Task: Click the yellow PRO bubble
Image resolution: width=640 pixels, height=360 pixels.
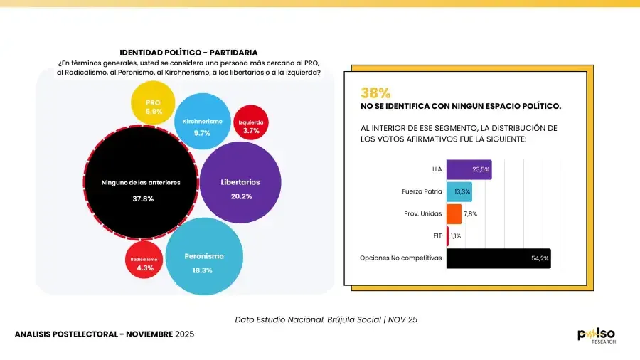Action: pos(154,107)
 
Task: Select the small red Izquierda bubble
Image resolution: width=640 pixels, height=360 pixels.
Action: pos(251,126)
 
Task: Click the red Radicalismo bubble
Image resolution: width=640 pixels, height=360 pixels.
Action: pos(147,263)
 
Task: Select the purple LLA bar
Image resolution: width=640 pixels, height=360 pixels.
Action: pos(469,169)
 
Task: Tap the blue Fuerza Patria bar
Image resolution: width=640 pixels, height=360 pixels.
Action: pos(459,191)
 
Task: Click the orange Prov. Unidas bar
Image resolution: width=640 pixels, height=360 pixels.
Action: pos(454,213)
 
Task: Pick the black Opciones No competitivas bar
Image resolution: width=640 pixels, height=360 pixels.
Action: pos(498,258)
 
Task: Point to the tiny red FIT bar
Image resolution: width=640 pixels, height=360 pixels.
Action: pos(447,235)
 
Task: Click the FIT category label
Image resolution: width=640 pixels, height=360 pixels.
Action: pos(437,235)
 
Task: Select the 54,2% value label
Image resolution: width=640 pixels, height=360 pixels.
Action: pos(540,258)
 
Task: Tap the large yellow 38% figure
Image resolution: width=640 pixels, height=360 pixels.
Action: pos(375,92)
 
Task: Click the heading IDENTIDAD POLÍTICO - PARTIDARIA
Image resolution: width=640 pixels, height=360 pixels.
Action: pos(188,53)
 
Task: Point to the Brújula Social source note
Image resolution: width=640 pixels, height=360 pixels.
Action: pos(326,319)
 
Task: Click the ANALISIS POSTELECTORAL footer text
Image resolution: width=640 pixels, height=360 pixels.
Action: pos(104,334)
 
